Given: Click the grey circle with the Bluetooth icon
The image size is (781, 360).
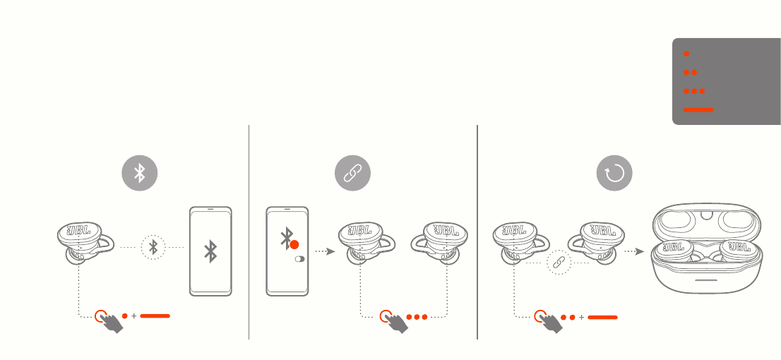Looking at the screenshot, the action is point(140,173).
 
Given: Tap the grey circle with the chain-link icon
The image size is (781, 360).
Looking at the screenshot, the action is point(352,173).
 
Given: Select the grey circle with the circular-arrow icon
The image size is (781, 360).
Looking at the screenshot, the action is point(614,173).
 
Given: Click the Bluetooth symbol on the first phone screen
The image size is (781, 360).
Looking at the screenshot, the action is point(210,251).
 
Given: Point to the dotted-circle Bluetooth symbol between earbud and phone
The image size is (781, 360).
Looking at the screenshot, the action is point(153,247).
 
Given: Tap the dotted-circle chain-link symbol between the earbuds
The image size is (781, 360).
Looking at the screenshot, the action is point(559,262).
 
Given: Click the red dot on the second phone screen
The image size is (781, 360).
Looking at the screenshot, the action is point(294,244).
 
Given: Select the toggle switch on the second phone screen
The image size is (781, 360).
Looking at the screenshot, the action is point(299,259).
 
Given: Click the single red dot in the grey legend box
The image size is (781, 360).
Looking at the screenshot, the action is point(686,53).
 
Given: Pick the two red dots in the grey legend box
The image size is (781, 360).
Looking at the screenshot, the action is point(691,72).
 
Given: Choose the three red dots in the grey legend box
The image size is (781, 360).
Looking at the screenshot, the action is point(694,91).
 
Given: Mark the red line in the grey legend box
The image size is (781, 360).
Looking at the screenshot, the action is point(698,109).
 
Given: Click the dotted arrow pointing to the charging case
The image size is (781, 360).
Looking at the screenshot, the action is point(634,251).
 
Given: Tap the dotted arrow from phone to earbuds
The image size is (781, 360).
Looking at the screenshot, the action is point(325,251).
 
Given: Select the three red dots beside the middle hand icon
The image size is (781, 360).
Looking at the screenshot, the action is point(417,317).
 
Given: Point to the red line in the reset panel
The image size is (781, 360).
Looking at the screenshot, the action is point(602,317).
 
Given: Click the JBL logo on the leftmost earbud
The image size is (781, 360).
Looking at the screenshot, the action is point(78,232).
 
